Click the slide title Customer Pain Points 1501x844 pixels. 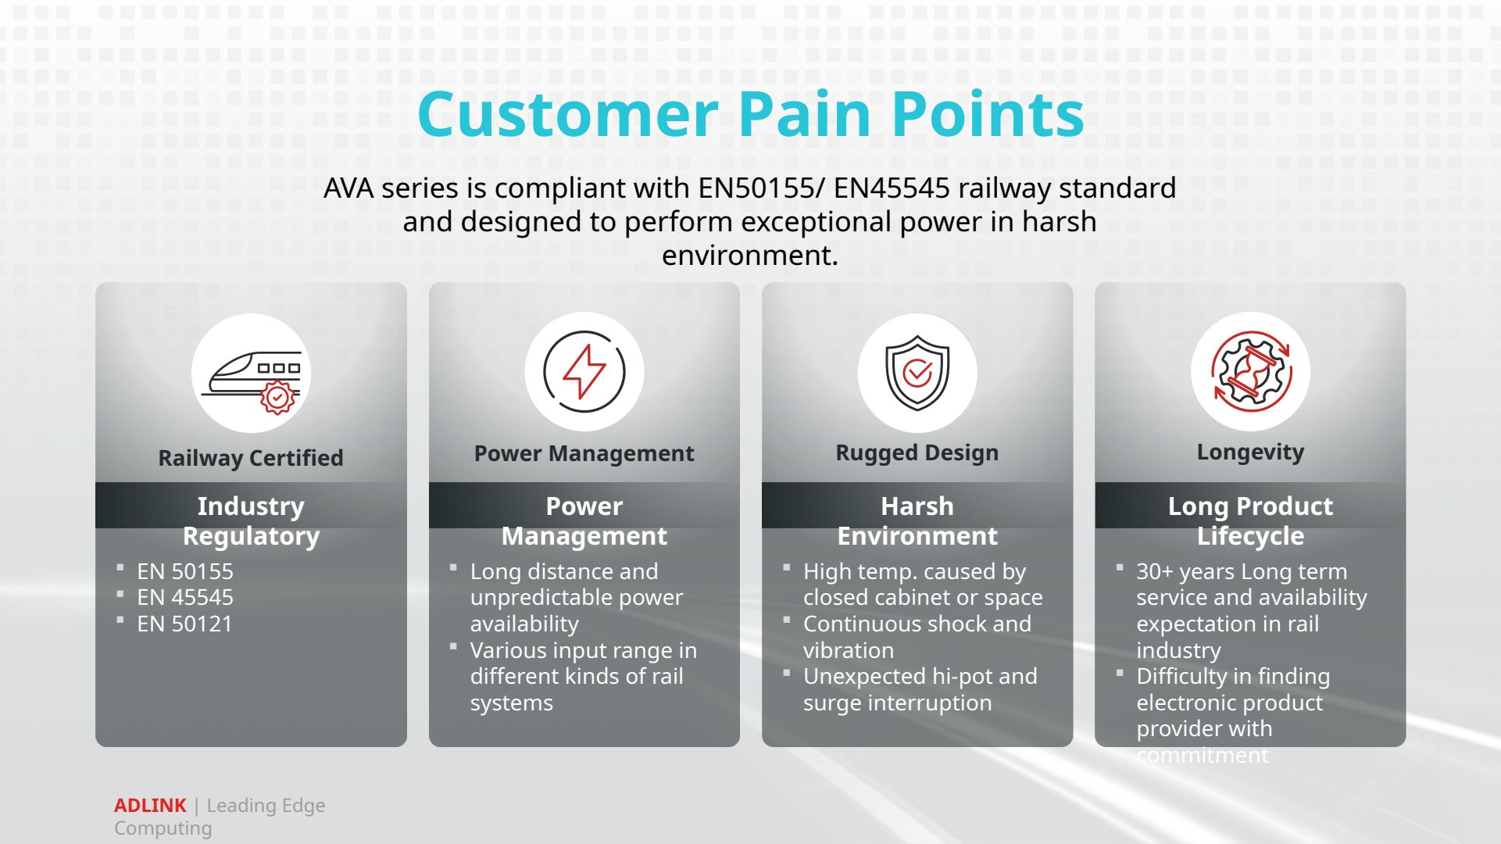pos(751,114)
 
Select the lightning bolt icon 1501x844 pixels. pos(584,372)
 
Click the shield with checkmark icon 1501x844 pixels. pos(917,373)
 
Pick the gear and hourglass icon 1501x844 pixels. pos(1251,372)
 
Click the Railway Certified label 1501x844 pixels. pos(251,458)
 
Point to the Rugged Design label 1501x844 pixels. pos(917,453)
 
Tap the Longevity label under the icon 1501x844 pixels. pos(1251,452)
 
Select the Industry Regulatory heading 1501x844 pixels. pos(251,520)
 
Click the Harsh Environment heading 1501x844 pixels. pos(917,520)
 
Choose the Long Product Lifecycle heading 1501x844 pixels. pos(1251,520)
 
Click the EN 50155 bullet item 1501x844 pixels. pos(185,571)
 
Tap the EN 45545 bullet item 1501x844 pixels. pos(185,598)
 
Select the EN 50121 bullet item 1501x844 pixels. pos(184,624)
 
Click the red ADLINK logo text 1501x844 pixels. pos(150,806)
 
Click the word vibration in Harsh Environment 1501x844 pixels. pos(849,650)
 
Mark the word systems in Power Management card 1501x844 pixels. pos(512,703)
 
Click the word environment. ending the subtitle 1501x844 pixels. pos(750,256)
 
